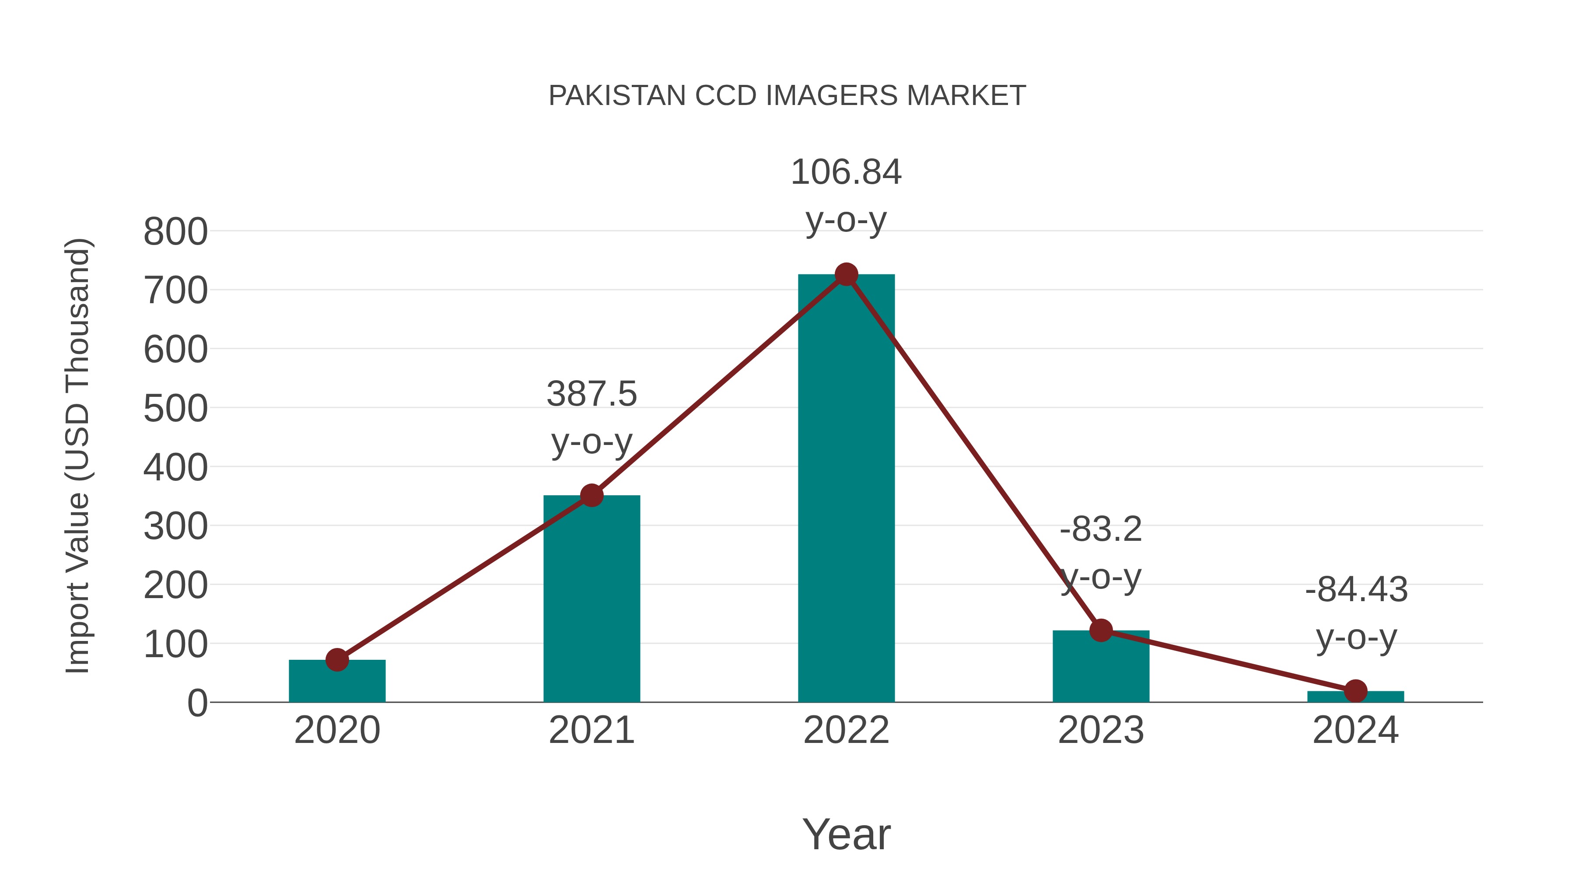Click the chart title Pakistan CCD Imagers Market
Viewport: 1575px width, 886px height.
tap(787, 96)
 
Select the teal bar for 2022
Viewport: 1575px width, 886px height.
tap(846, 501)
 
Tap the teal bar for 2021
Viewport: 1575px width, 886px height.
tap(591, 606)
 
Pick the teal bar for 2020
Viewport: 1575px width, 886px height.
tap(337, 683)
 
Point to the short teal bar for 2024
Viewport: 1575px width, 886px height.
tap(1355, 697)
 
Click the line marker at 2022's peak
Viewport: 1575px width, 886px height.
tap(846, 274)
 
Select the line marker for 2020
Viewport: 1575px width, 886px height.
tap(337, 660)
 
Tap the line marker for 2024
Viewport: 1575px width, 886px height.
tap(1355, 691)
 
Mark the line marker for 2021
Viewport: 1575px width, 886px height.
tap(591, 495)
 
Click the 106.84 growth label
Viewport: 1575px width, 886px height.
tap(846, 172)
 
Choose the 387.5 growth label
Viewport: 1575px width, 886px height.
tap(591, 394)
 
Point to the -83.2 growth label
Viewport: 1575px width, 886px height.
tap(1101, 529)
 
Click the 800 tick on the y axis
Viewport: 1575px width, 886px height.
tap(175, 232)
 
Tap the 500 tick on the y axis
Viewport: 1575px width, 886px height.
tap(175, 409)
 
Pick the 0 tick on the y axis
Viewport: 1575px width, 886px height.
tap(197, 703)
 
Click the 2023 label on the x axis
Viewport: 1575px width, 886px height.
tap(1101, 731)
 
